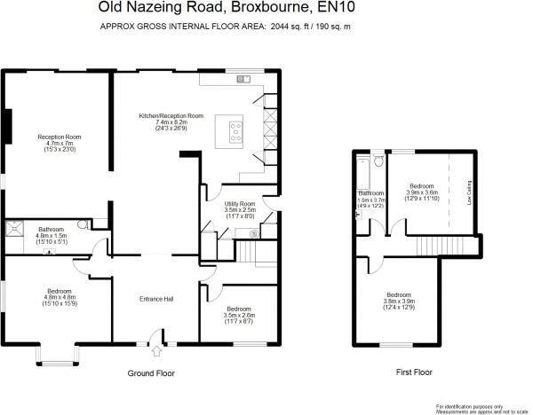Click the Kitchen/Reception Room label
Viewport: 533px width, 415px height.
click(x=171, y=116)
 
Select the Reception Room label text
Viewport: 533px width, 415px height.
click(x=59, y=137)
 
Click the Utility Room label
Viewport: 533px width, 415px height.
click(x=240, y=204)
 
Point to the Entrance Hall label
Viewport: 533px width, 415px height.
click(x=156, y=298)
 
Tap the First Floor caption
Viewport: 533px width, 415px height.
click(x=414, y=372)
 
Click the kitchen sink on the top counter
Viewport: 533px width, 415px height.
click(x=243, y=80)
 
